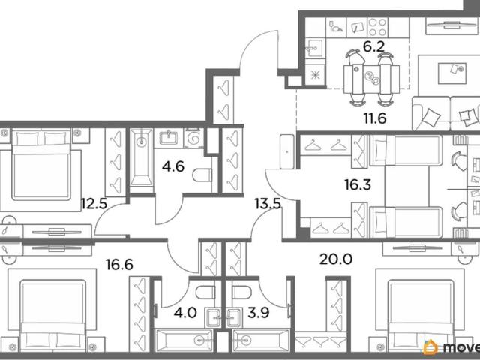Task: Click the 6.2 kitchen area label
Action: click(373, 46)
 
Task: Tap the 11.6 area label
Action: click(375, 118)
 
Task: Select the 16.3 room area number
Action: click(358, 184)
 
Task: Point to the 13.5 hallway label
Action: click(268, 204)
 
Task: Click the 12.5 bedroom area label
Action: click(94, 204)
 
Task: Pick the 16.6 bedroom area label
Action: click(119, 265)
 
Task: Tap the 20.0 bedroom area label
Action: click(336, 259)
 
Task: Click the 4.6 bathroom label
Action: click(173, 166)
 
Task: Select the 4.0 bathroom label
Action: click(185, 313)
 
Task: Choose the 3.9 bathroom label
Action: click(258, 313)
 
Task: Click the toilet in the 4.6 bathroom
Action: click(202, 175)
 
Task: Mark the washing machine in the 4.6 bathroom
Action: click(194, 139)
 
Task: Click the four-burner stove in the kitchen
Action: click(378, 28)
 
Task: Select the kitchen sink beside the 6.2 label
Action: click(313, 48)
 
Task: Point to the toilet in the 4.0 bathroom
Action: click(205, 292)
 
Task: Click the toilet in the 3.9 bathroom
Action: click(241, 292)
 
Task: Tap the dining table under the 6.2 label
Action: click(372, 79)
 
